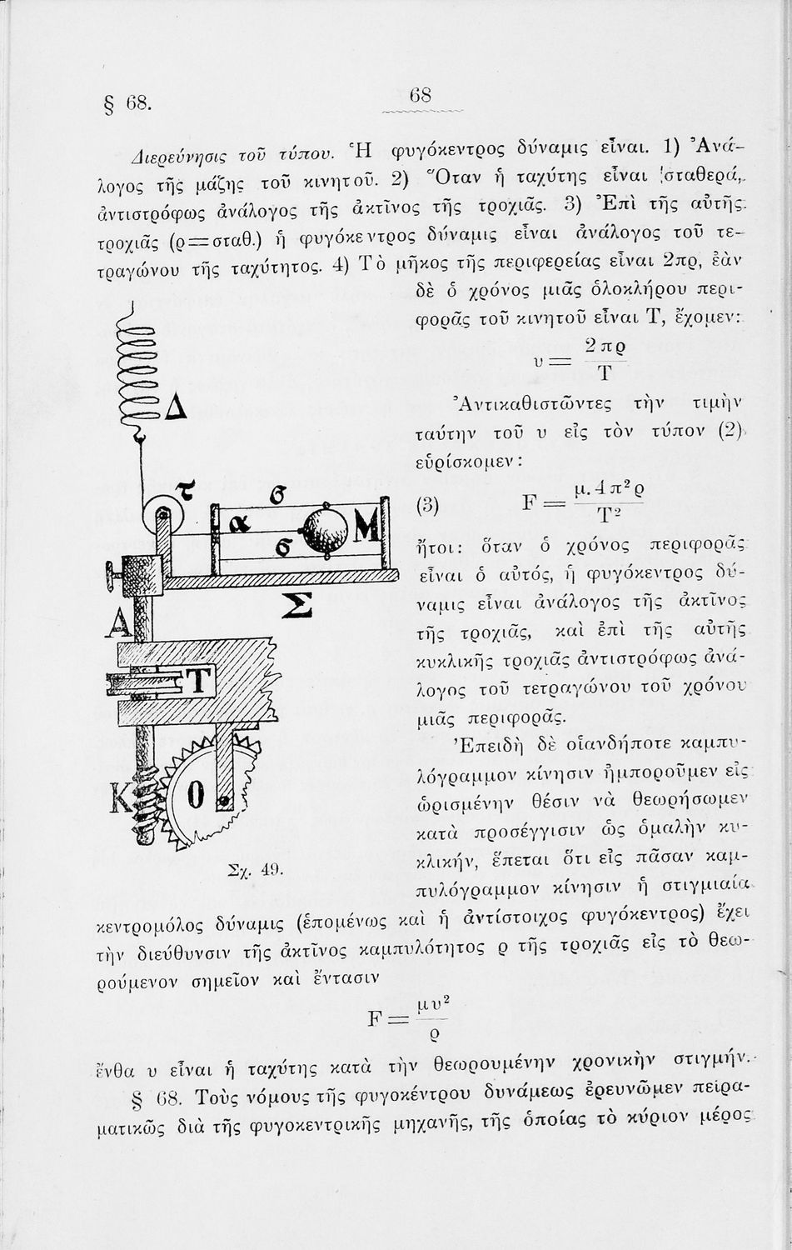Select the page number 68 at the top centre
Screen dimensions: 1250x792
click(422, 96)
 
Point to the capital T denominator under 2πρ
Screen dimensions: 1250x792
click(605, 371)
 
